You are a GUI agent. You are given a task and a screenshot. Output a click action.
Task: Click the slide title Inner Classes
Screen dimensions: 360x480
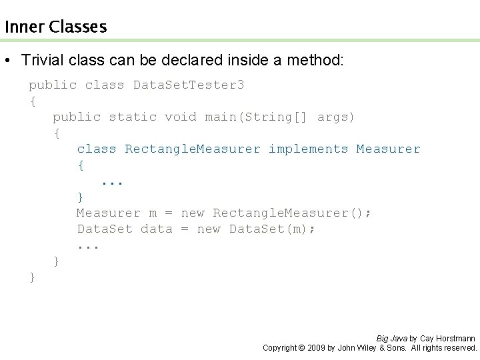click(x=55, y=27)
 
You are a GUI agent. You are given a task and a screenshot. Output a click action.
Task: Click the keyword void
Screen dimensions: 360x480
click(x=180, y=117)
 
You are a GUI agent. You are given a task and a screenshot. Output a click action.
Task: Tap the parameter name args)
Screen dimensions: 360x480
click(x=336, y=117)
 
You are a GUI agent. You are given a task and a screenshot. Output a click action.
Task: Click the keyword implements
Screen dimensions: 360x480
click(x=308, y=149)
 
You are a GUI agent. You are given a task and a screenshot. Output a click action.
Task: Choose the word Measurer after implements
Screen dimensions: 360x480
click(x=388, y=149)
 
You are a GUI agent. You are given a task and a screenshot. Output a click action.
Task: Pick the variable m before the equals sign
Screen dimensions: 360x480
click(x=153, y=213)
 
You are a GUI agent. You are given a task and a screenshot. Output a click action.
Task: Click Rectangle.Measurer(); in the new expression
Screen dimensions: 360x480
click(x=292, y=213)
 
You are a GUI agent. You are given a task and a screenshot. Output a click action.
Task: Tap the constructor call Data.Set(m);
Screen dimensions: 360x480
click(x=273, y=229)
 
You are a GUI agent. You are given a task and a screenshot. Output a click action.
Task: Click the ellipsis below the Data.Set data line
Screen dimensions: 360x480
click(x=88, y=246)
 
